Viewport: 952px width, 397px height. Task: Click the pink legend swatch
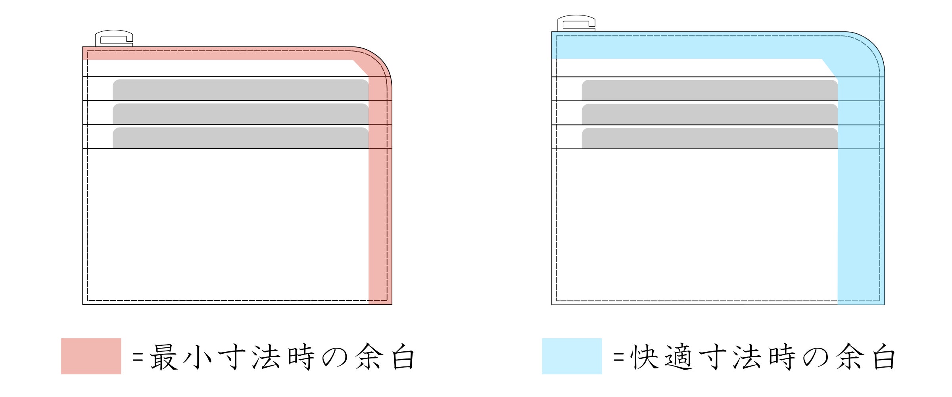91,356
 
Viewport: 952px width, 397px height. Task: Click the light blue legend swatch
572,356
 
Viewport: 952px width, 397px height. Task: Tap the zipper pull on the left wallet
114,38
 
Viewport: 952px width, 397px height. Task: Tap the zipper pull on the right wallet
576,23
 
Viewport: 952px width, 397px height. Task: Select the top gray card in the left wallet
241,90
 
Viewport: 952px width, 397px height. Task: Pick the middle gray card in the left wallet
241,114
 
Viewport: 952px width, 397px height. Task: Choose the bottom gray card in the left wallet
241,138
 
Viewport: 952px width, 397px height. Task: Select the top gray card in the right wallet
710,90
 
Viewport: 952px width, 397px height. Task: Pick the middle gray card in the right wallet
710,114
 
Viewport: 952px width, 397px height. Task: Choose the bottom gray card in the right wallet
710,138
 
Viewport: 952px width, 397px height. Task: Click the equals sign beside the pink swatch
137,357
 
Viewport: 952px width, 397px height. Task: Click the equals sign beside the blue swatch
618,357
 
